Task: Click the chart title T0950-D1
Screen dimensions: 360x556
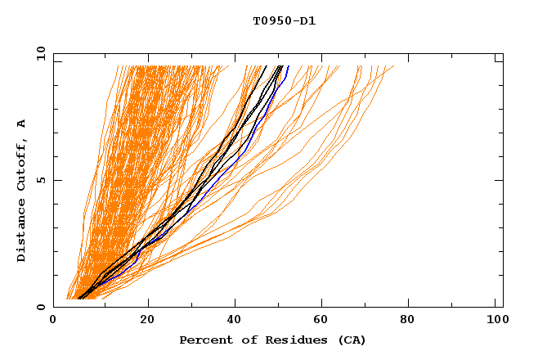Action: coord(284,20)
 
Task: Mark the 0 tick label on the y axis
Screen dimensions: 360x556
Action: coord(40,307)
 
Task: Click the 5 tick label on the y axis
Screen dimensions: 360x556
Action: coord(40,180)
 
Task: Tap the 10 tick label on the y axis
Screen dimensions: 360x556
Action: coord(38,53)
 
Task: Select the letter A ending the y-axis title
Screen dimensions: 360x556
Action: coord(21,124)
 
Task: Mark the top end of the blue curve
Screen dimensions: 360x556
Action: coord(288,65)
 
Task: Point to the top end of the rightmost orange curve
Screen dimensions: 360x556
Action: coord(393,66)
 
